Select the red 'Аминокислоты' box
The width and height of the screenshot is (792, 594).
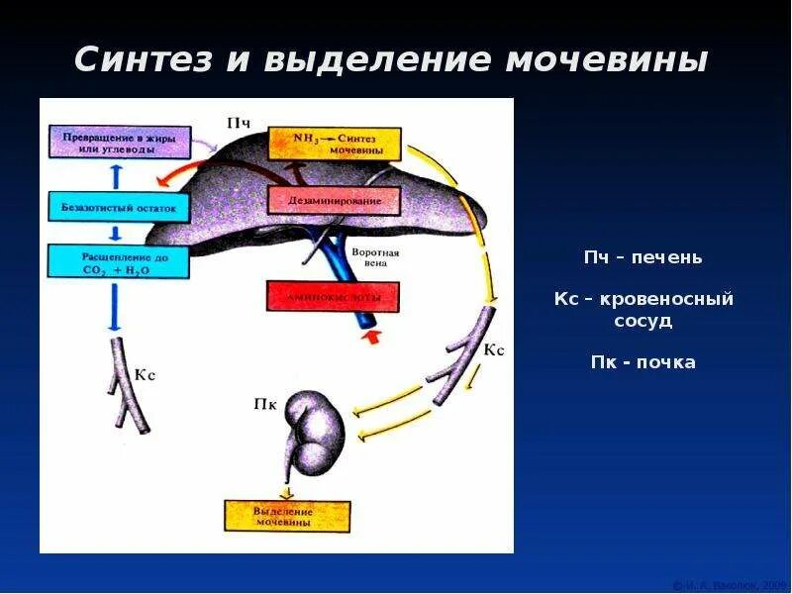pyautogui.click(x=331, y=296)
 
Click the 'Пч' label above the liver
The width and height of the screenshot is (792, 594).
pyautogui.click(x=239, y=124)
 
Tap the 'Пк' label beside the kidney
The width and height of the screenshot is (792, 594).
pyautogui.click(x=265, y=403)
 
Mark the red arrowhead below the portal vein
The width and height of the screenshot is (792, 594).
pyautogui.click(x=372, y=339)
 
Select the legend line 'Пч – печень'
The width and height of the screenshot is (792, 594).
pyautogui.click(x=643, y=257)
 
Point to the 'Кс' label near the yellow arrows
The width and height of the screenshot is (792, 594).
pyautogui.click(x=494, y=350)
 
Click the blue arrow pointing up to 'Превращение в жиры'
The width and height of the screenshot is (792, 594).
pyautogui.click(x=115, y=176)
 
